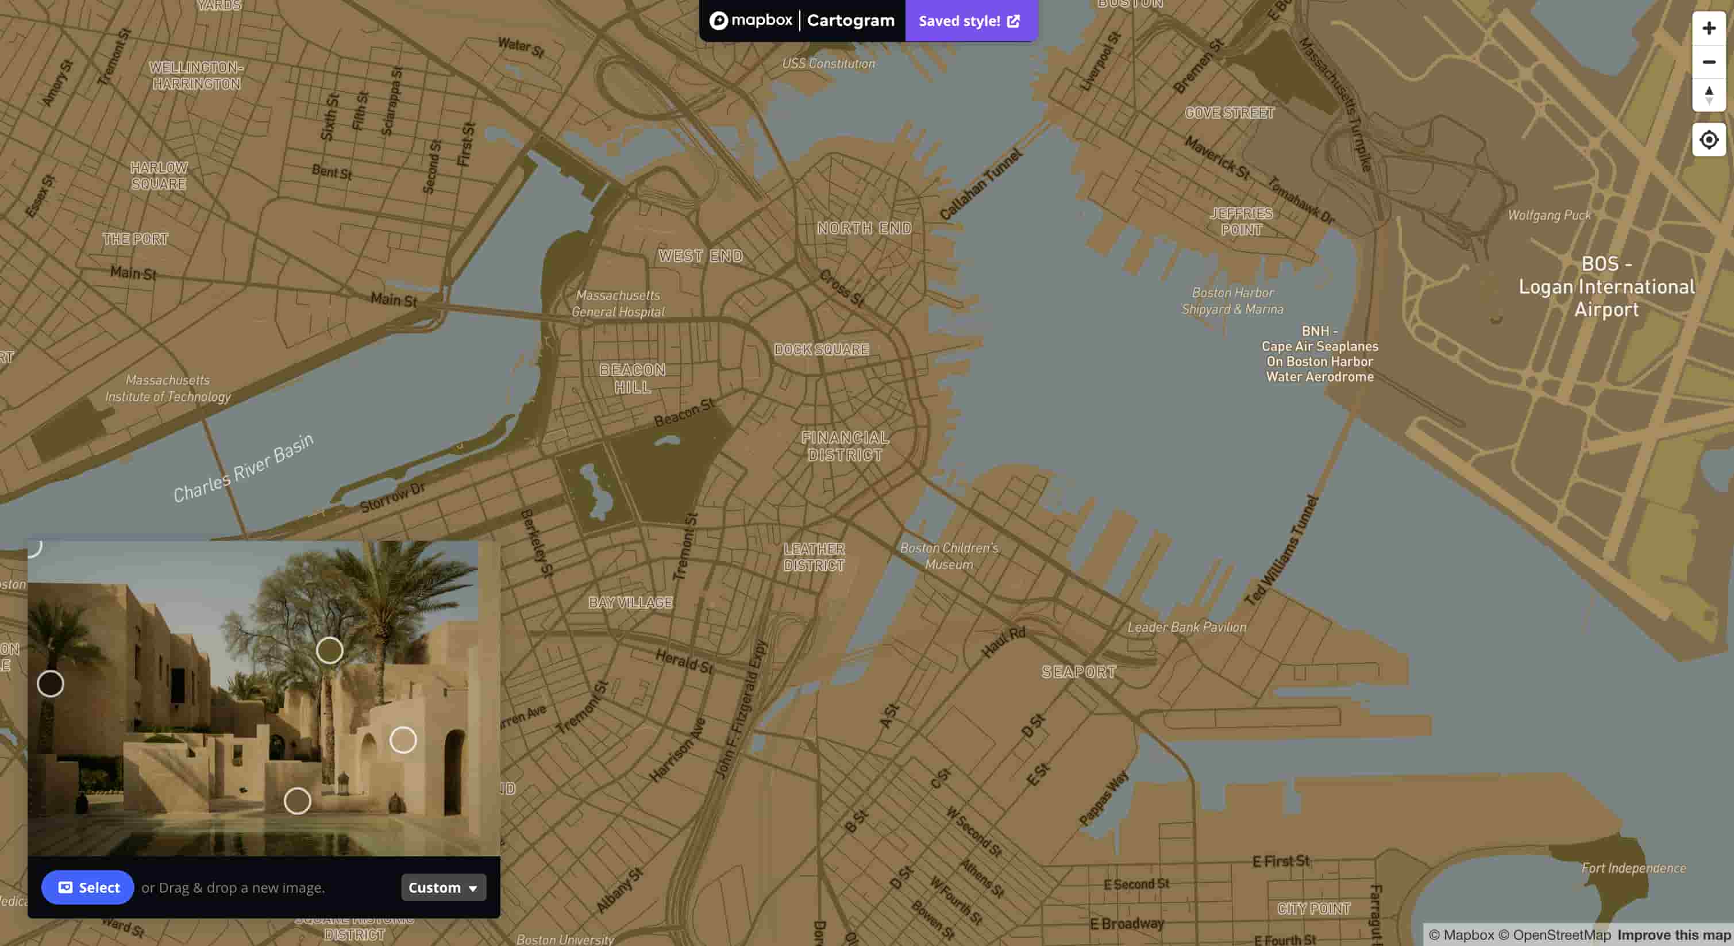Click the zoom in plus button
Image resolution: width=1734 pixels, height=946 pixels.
coord(1708,28)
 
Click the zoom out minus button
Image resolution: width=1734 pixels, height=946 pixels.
coord(1708,62)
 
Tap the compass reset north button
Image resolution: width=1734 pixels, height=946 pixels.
coord(1708,95)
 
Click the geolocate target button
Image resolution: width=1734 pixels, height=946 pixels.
coord(1708,140)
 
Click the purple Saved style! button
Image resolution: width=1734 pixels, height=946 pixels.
coord(970,21)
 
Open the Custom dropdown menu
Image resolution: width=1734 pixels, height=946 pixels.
coord(443,887)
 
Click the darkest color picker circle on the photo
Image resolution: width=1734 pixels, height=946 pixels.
coord(51,684)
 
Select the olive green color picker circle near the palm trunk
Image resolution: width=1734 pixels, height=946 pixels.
coord(329,651)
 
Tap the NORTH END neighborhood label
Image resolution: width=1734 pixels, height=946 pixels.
coord(864,228)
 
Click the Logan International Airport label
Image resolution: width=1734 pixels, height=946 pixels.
coord(1606,287)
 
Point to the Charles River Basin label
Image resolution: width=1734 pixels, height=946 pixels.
coord(244,468)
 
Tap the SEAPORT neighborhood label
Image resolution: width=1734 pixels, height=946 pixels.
coord(1078,672)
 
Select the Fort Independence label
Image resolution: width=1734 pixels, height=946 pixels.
coord(1633,868)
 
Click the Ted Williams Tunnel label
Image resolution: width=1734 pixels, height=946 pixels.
coord(1280,551)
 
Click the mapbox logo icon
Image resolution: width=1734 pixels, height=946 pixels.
coord(718,21)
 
